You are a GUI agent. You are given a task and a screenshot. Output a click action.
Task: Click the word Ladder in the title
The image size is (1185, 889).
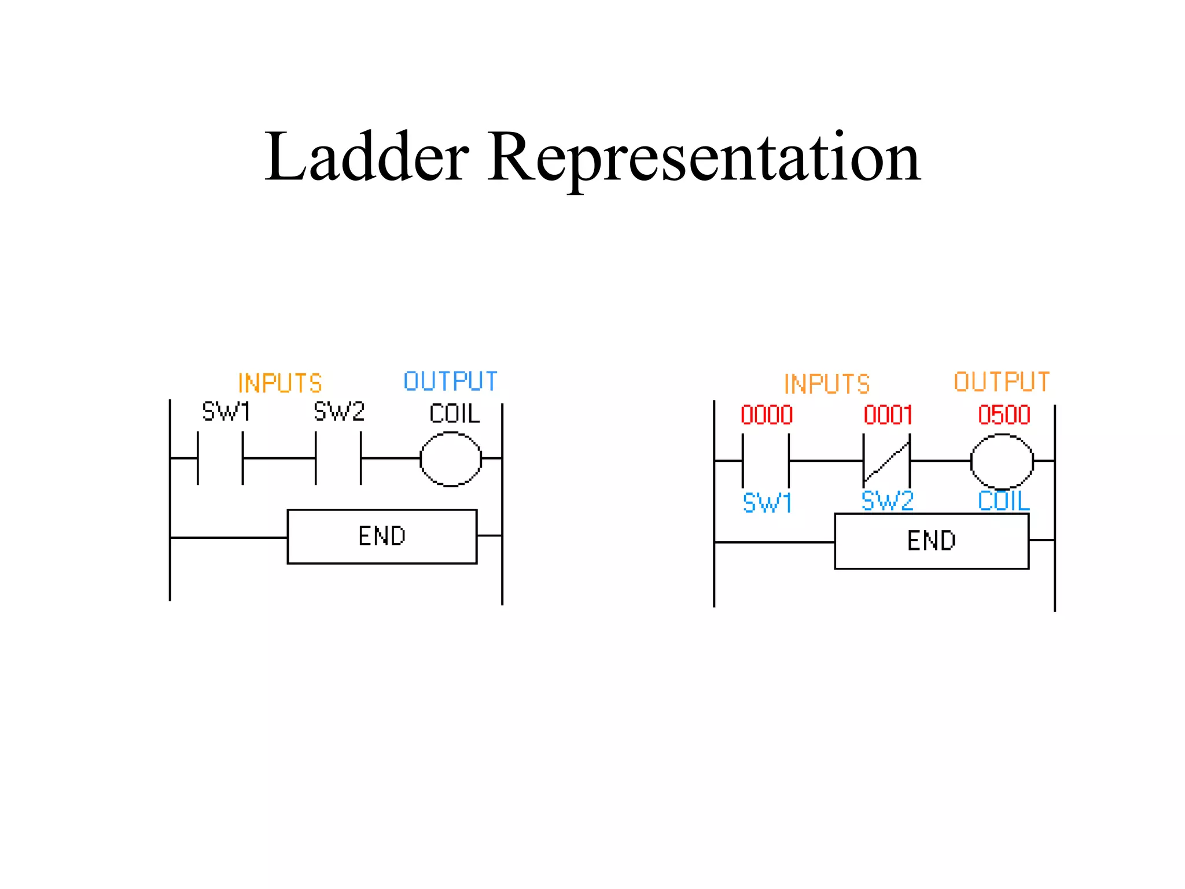click(366, 157)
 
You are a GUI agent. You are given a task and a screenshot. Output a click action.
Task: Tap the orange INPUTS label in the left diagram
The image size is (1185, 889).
click(280, 383)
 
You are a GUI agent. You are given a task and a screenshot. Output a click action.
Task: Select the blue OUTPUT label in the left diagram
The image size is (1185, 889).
click(450, 381)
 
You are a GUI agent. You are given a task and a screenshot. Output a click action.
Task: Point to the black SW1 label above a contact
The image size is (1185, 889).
click(226, 412)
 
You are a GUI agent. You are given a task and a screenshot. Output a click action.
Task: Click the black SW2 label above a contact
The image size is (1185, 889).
click(339, 412)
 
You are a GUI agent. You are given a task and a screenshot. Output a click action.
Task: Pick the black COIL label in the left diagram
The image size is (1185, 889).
click(454, 414)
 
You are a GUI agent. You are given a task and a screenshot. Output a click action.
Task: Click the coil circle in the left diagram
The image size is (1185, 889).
click(451, 459)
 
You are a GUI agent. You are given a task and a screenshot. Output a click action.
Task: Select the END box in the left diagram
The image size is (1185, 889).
click(382, 537)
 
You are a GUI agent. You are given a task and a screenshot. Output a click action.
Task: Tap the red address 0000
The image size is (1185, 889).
click(767, 415)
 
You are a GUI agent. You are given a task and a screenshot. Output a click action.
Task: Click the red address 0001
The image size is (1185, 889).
click(888, 415)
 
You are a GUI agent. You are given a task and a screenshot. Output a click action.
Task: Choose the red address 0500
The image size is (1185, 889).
click(1004, 415)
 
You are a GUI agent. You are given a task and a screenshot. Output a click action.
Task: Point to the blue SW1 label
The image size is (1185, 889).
click(767, 503)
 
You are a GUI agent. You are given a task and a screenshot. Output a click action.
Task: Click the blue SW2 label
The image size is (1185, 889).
click(887, 501)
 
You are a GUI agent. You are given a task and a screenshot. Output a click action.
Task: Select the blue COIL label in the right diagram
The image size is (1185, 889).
click(1003, 501)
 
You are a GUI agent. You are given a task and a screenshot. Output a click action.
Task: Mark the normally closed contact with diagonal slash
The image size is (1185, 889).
click(886, 461)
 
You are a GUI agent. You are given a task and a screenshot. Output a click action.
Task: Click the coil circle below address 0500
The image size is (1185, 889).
click(1002, 461)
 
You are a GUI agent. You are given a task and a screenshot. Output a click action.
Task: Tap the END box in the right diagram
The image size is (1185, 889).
click(932, 541)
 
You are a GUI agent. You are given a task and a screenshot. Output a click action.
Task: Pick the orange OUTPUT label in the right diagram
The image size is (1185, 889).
click(1002, 382)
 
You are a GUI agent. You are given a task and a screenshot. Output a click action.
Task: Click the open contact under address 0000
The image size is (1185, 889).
click(766, 461)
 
